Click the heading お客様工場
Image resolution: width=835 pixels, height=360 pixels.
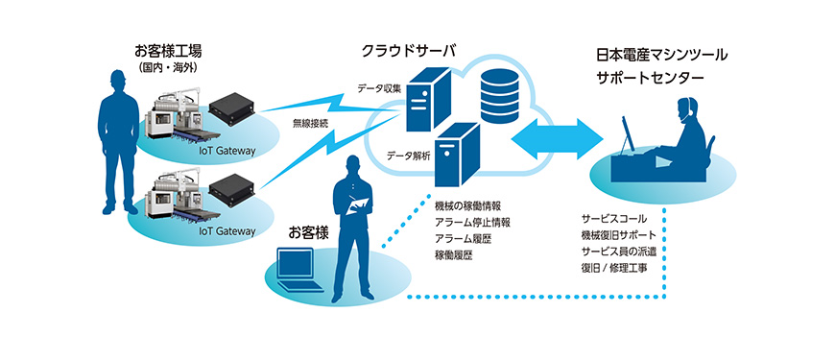[168, 52]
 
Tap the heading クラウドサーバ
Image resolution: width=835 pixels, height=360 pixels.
[409, 51]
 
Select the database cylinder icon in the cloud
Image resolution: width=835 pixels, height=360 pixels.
[499, 96]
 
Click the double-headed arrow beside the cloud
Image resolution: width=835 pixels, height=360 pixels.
[557, 139]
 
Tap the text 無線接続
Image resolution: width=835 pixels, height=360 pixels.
[310, 123]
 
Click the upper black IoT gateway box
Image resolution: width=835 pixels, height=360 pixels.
[231, 109]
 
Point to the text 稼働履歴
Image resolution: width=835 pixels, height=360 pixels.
[453, 255]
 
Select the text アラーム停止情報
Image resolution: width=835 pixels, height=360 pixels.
[472, 222]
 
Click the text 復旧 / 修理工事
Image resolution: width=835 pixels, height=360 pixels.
[614, 268]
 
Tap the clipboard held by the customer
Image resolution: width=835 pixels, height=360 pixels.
[357, 205]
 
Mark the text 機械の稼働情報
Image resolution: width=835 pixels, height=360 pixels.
[467, 205]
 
